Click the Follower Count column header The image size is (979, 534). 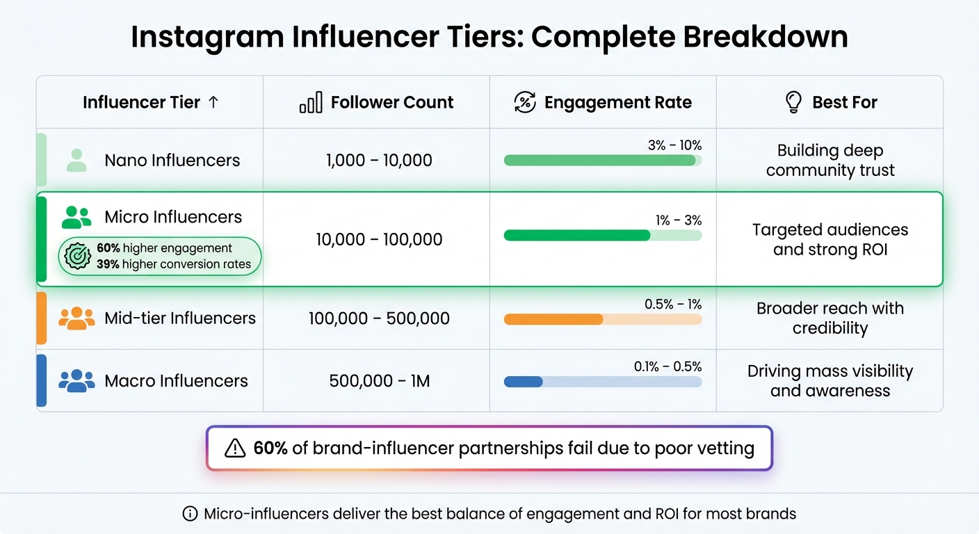(x=391, y=103)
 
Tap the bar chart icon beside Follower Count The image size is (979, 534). (x=311, y=103)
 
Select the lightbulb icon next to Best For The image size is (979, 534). (x=793, y=103)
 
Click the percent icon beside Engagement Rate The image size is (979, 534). (x=525, y=103)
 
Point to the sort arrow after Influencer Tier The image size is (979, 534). (x=213, y=102)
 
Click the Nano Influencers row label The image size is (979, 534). (x=172, y=161)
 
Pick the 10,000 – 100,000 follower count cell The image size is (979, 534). (x=379, y=240)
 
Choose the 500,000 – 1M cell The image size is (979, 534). (x=379, y=381)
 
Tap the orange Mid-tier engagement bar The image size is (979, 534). (x=553, y=319)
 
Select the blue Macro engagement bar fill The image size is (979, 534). (x=523, y=382)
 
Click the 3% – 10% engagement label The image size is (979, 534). (x=674, y=145)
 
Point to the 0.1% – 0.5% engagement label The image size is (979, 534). (x=667, y=366)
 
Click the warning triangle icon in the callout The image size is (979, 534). (x=236, y=448)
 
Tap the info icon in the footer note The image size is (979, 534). (x=189, y=515)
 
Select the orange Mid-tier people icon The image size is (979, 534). (x=76, y=318)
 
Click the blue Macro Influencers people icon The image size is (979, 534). (x=76, y=381)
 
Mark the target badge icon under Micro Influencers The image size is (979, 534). (x=77, y=256)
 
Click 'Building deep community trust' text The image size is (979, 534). (x=830, y=161)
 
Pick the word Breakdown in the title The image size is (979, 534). (x=765, y=38)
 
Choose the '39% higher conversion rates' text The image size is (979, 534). (x=174, y=264)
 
